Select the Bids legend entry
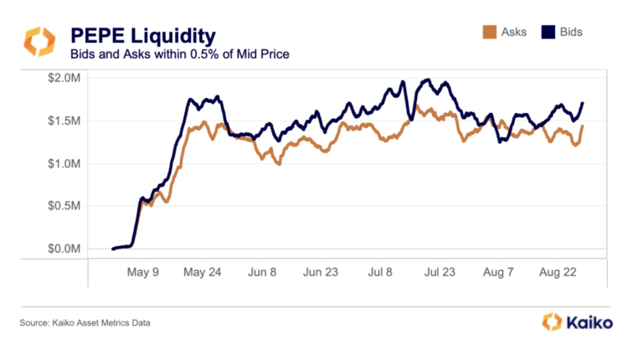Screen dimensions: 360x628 pyautogui.click(x=567, y=33)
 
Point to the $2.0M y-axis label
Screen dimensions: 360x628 pyautogui.click(x=64, y=78)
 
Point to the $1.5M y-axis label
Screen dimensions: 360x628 pyautogui.click(x=64, y=121)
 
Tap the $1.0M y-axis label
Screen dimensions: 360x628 pyautogui.click(x=64, y=163)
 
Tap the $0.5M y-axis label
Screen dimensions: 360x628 pyautogui.click(x=64, y=206)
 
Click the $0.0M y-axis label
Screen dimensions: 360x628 pyautogui.click(x=64, y=249)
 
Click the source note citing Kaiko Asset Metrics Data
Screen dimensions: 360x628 pyautogui.click(x=87, y=322)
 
